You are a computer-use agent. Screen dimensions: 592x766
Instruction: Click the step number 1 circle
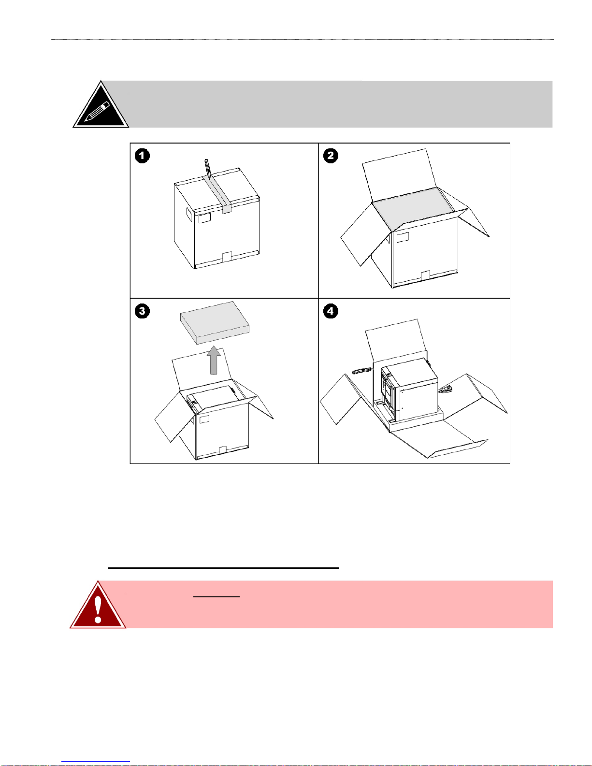point(143,156)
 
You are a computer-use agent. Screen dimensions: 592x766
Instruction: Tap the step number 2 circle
point(331,156)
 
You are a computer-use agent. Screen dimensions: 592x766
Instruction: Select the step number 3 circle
point(143,311)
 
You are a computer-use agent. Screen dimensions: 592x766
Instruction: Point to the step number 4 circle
point(331,311)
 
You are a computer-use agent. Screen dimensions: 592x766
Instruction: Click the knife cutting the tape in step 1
point(207,169)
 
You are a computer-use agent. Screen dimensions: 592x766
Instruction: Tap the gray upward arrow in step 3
point(214,360)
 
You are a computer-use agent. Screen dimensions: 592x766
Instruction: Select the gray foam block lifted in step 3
point(215,322)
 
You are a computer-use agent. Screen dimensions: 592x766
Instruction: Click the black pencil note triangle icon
point(101,104)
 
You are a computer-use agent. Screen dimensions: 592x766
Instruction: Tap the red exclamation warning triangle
point(98,605)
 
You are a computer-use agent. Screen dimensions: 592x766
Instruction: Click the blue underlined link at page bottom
point(96,762)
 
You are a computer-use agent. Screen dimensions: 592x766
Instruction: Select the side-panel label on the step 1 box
point(189,214)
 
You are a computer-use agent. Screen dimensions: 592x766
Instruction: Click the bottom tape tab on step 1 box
point(227,257)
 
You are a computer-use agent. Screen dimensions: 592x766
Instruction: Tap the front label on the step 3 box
point(204,419)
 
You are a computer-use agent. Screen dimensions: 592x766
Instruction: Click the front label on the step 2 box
point(403,237)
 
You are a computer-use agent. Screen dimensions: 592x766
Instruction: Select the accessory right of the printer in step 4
point(446,390)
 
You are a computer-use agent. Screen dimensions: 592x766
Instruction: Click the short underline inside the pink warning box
point(217,597)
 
